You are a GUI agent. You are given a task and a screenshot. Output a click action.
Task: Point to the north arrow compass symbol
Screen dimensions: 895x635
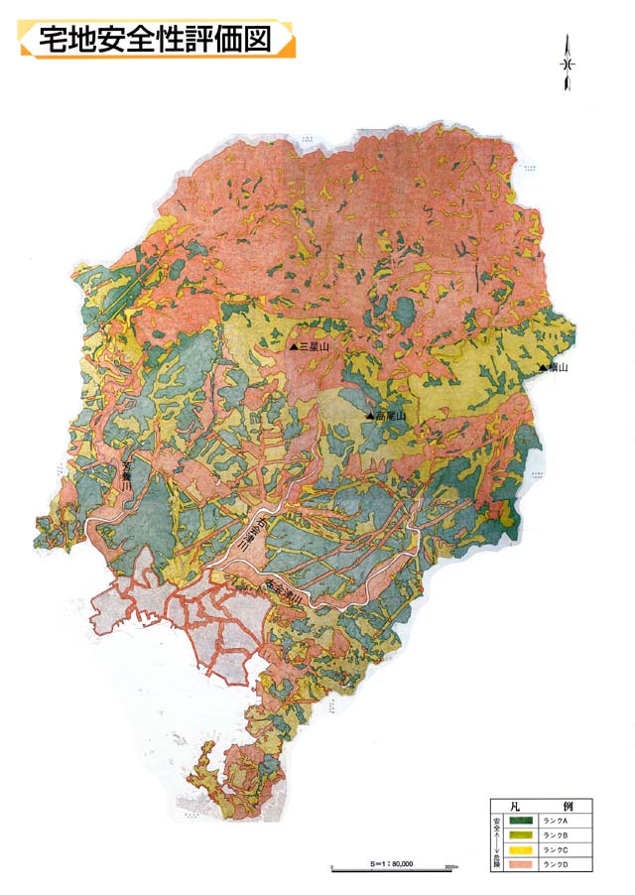(569, 63)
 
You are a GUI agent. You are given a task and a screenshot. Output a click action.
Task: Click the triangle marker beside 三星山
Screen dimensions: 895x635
(293, 347)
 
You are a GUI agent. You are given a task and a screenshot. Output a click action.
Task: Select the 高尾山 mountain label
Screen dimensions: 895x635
(388, 417)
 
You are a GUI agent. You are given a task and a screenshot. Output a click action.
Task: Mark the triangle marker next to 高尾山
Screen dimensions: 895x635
(369, 417)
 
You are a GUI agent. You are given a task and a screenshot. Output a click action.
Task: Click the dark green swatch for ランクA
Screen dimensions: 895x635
(522, 821)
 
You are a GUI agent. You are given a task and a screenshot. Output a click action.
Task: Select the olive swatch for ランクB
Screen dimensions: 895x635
(522, 835)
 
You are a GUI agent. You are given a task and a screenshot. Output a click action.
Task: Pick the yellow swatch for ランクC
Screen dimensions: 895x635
(522, 850)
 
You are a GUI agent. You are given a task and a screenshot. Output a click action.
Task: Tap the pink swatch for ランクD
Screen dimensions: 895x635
(522, 865)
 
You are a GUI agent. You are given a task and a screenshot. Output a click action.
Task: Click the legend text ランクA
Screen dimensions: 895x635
(556, 821)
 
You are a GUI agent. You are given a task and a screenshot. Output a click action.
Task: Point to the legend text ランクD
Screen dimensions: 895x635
(556, 865)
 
